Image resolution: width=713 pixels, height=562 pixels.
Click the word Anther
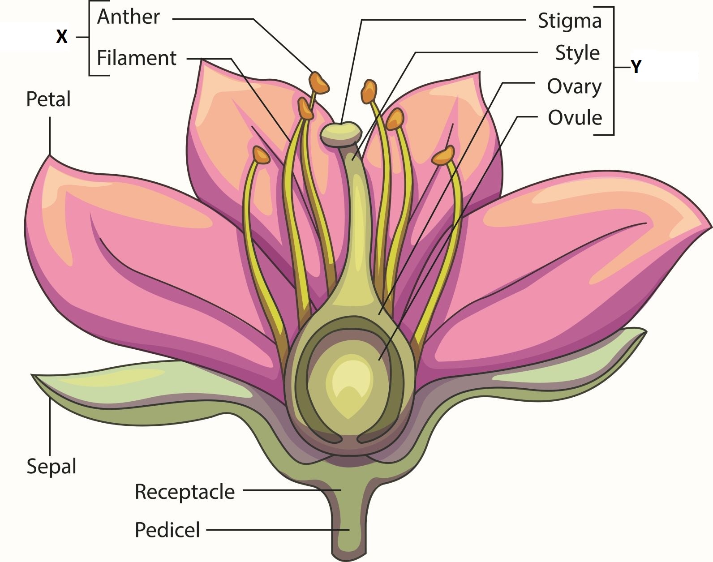[128, 17]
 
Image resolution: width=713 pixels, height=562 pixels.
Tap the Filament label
[137, 58]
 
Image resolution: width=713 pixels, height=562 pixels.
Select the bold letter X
[62, 36]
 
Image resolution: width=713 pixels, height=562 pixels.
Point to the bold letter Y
[636, 67]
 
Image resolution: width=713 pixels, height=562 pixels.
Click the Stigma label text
[570, 21]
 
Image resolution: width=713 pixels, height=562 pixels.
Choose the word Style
[577, 53]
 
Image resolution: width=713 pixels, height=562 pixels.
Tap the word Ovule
[575, 118]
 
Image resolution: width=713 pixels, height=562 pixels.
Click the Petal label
[48, 99]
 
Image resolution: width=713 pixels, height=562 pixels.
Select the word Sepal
[52, 467]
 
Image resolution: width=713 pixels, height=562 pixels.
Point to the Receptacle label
[185, 492]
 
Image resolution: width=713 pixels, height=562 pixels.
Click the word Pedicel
[168, 530]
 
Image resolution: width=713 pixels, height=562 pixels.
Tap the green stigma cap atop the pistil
[341, 133]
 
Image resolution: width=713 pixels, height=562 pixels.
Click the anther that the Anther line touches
[319, 82]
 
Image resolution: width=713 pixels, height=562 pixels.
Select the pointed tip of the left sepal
[32, 375]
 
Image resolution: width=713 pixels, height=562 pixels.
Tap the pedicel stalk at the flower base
[349, 530]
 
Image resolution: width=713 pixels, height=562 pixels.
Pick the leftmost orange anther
[262, 155]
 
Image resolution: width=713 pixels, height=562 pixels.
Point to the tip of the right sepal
[645, 330]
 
